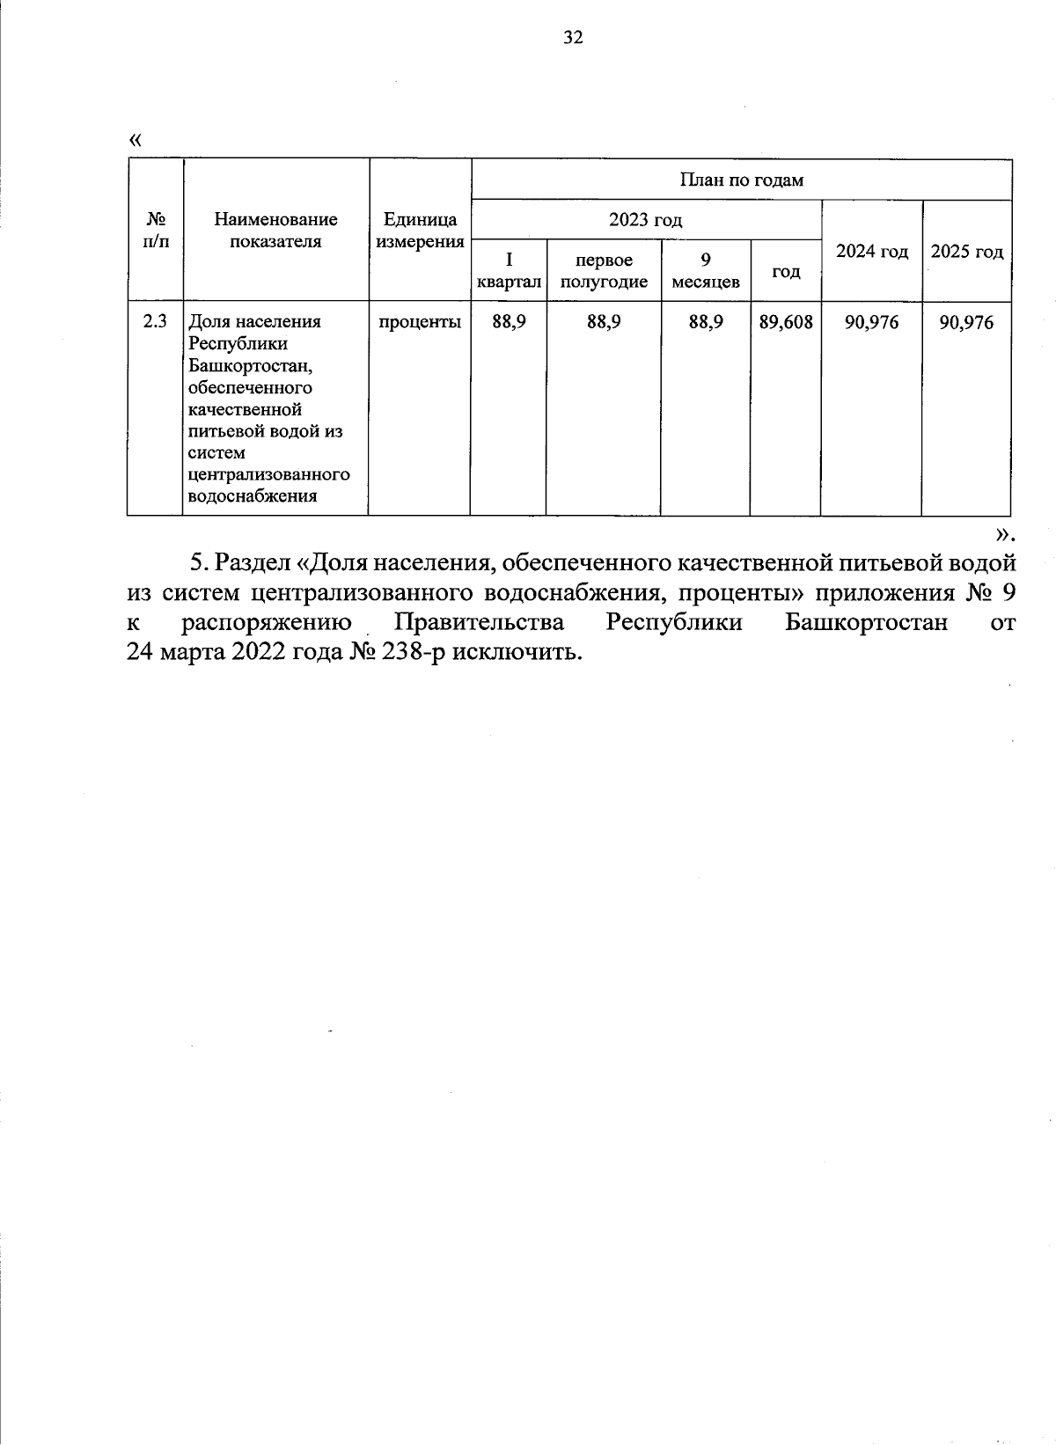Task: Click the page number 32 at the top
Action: point(572,37)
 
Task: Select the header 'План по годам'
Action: point(741,180)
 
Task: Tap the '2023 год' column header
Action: point(645,220)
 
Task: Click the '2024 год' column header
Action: point(871,252)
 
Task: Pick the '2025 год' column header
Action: point(966,252)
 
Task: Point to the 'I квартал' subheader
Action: point(509,270)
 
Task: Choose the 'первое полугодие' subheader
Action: point(604,270)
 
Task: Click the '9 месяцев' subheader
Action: point(705,270)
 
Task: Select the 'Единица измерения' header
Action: point(420,231)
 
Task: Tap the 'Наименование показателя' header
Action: point(275,231)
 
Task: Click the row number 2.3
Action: point(155,321)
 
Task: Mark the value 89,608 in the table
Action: point(785,322)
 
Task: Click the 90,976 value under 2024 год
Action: point(871,322)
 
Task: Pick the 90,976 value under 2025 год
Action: point(966,322)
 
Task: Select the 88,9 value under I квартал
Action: point(509,322)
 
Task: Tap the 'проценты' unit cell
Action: point(420,322)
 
